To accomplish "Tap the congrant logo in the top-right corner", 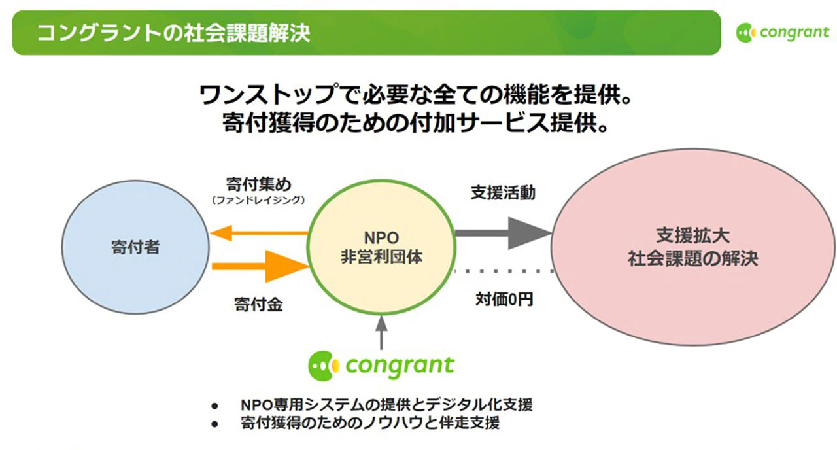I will (782, 33).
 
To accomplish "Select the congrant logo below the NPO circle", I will (381, 365).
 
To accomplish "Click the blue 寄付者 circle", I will (135, 248).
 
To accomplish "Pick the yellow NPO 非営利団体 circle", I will (381, 248).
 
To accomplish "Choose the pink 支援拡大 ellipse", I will (692, 249).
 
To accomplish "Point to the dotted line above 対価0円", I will (504, 270).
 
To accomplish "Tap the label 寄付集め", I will (258, 183).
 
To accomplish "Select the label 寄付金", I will (258, 304).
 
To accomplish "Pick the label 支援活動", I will (504, 194).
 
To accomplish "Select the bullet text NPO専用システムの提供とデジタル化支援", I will (386, 404).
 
